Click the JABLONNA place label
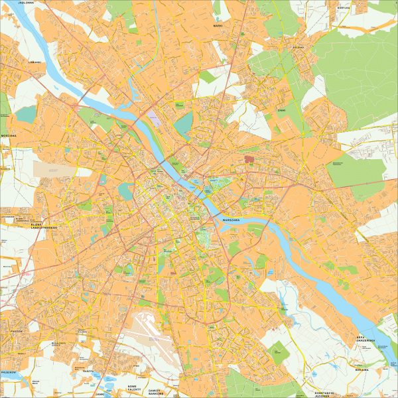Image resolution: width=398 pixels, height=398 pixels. tap(27, 3)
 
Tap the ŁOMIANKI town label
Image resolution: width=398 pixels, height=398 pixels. tap(34, 62)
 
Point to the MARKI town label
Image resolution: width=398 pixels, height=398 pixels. tap(218, 25)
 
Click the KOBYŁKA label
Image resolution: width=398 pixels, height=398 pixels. tap(343, 8)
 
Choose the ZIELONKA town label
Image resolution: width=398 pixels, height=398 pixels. tap(298, 47)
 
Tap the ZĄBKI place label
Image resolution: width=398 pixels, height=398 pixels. tap(281, 110)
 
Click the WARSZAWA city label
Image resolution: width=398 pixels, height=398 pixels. tap(235, 218)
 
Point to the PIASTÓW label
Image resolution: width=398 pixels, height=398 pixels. tap(17, 330)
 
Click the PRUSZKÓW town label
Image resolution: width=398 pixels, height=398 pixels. tap(8, 373)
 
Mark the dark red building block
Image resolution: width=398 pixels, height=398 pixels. tap(249, 159)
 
